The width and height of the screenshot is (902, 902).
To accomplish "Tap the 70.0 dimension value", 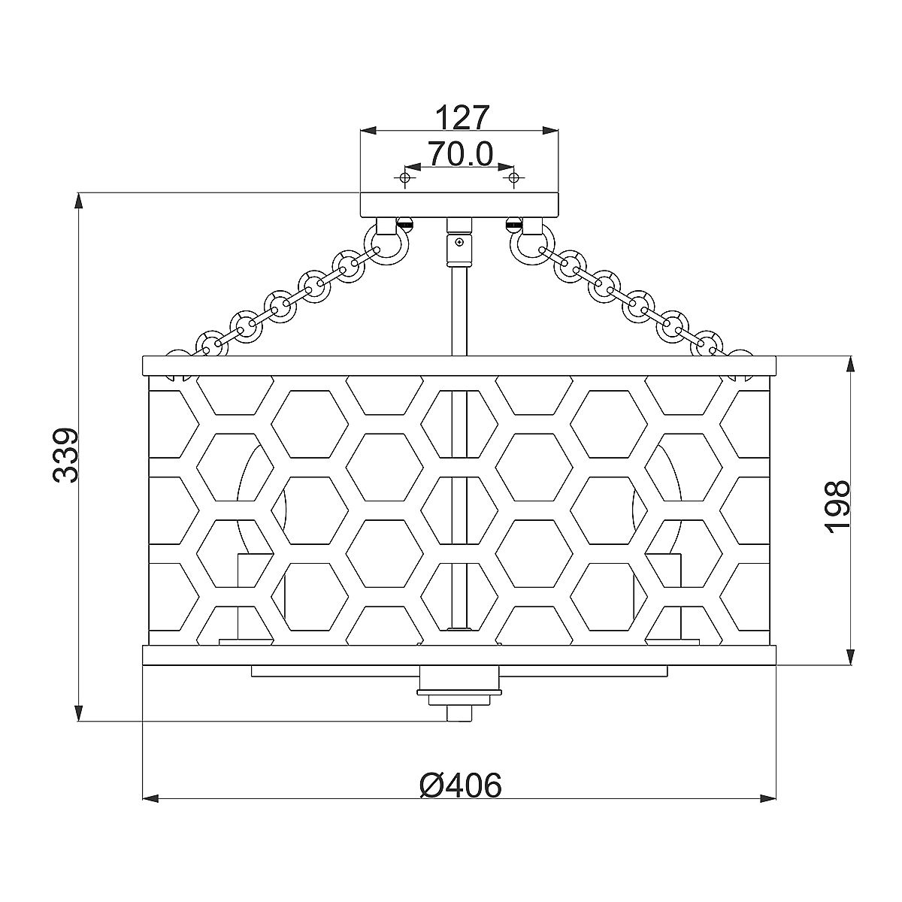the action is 461,153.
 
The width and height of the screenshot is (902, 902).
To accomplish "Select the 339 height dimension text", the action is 65,455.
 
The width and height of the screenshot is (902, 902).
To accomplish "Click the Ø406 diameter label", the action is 461,785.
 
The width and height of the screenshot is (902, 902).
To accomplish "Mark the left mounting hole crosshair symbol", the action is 404,178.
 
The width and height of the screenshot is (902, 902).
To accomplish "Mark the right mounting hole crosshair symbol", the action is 513,178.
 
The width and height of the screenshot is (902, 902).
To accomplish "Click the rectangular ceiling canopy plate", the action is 459,204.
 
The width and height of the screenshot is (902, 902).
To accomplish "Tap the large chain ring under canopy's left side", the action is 386,244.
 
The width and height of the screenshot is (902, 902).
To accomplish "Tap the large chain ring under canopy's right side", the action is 531,244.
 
